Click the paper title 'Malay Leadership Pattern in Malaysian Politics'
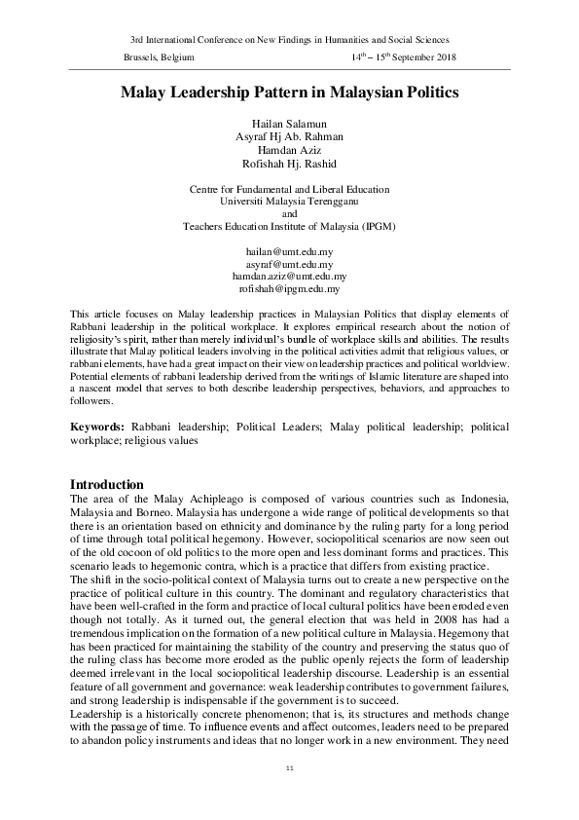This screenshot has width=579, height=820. pyautogui.click(x=289, y=93)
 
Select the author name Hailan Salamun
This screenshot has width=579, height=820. pyautogui.click(x=289, y=123)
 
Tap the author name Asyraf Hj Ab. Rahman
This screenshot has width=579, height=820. pyautogui.click(x=289, y=136)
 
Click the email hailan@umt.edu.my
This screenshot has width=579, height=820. pyautogui.click(x=289, y=251)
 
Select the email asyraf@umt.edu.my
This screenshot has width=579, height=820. pyautogui.click(x=289, y=264)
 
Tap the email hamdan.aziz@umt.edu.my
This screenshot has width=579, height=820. pyautogui.click(x=289, y=277)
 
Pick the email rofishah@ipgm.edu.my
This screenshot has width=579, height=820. pyautogui.click(x=289, y=289)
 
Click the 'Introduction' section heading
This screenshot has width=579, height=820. pyautogui.click(x=108, y=485)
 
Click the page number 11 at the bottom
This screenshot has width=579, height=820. pyautogui.click(x=289, y=769)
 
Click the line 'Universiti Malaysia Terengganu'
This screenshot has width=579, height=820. pyautogui.click(x=289, y=201)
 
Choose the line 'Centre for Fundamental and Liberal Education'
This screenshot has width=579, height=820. pyautogui.click(x=289, y=188)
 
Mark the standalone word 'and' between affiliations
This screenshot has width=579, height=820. pyautogui.click(x=289, y=213)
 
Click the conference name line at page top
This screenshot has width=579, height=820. pyautogui.click(x=289, y=39)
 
